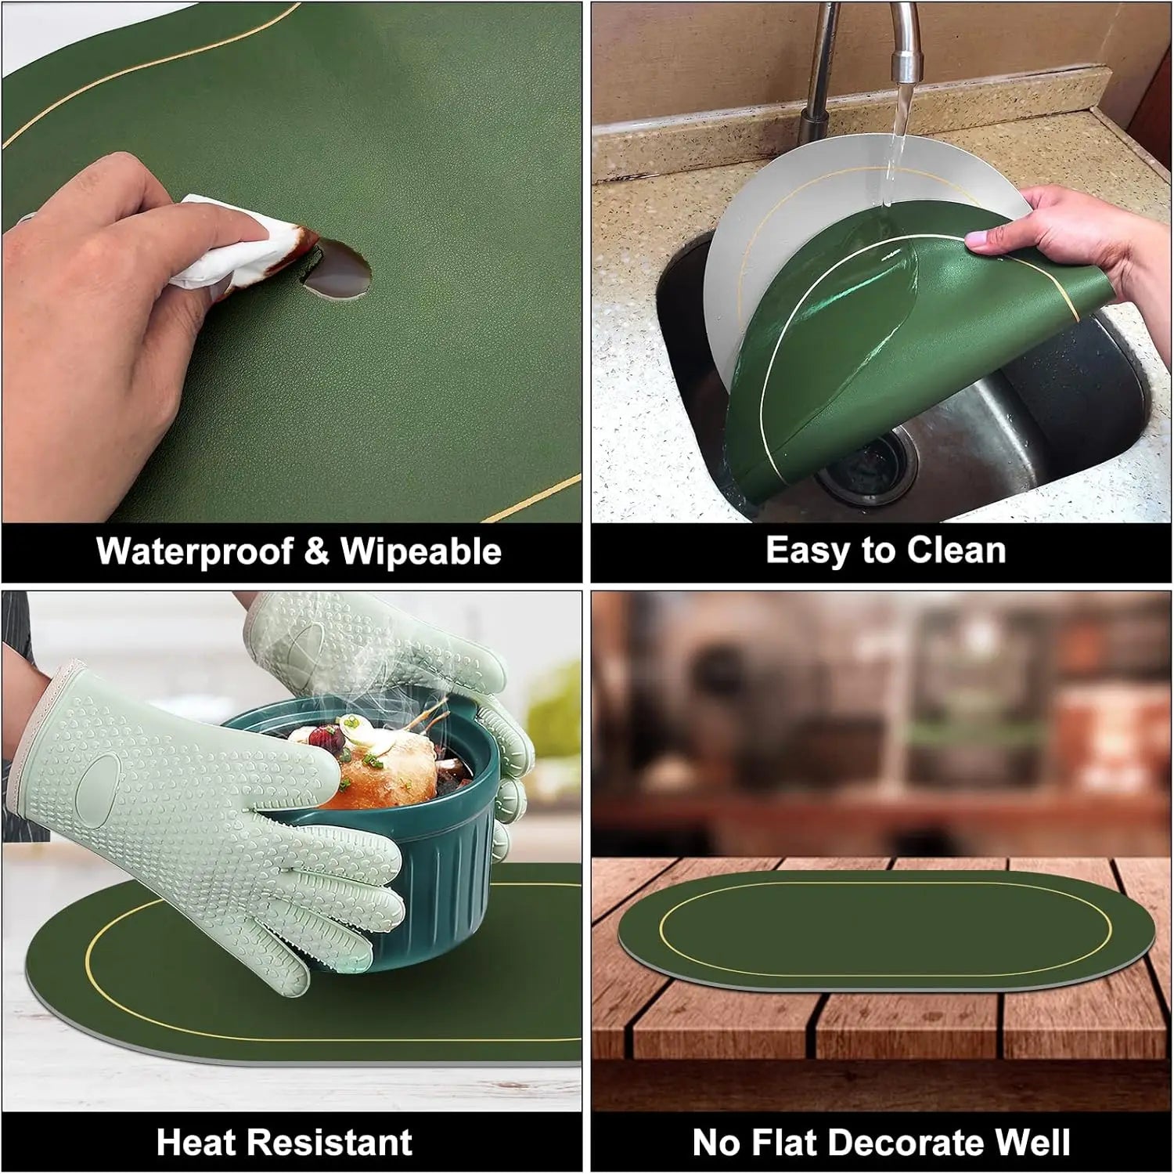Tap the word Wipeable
tap(421, 551)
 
